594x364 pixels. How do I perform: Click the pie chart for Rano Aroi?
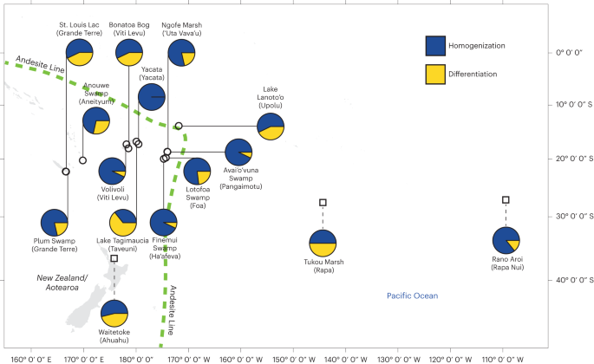click(x=506, y=242)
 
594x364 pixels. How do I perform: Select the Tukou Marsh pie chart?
click(x=323, y=244)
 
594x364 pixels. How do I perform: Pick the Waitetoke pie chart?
click(x=114, y=313)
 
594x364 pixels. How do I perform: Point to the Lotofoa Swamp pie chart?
click(x=197, y=171)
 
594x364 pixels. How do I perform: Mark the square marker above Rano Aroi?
click(x=506, y=200)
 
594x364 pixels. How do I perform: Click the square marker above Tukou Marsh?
click(x=323, y=202)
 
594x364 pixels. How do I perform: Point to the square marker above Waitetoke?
click(x=114, y=258)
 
